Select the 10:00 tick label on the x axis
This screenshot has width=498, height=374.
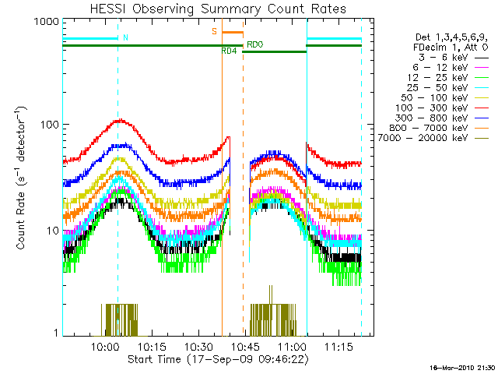tap(106, 347)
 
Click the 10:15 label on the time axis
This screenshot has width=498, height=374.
tap(153, 347)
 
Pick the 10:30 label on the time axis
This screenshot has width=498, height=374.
tap(198, 347)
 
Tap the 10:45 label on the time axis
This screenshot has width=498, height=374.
tap(246, 347)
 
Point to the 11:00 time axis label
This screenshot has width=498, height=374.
tap(292, 347)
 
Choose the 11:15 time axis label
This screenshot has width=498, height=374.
tap(338, 347)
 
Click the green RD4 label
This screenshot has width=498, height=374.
tap(229, 51)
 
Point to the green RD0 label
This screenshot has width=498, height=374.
tap(254, 44)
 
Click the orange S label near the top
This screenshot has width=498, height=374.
tap(215, 31)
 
